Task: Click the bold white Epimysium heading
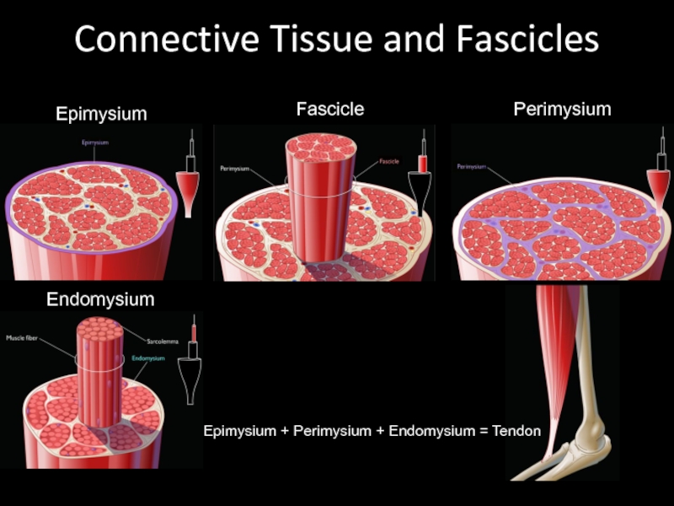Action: [x=101, y=113]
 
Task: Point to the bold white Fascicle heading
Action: [x=329, y=109]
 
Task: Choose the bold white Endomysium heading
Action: [x=100, y=299]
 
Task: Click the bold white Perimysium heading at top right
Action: [x=562, y=109]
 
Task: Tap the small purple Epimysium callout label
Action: [x=94, y=143]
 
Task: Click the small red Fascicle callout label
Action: [x=389, y=161]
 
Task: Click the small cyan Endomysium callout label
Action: [x=148, y=358]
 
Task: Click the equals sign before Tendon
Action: [x=484, y=431]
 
